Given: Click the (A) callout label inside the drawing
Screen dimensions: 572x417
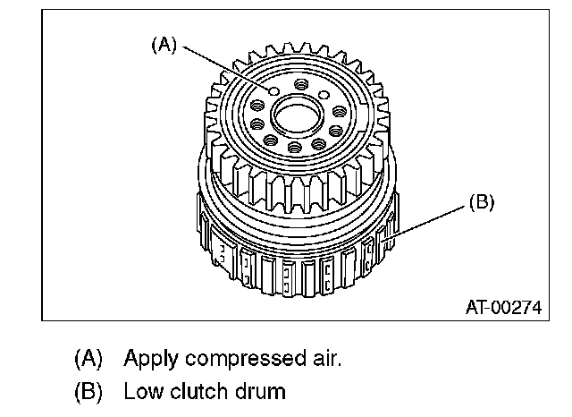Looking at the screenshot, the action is [x=164, y=45].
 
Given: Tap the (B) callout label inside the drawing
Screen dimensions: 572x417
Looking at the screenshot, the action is [x=482, y=202].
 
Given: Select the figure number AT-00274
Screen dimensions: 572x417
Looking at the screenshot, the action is [x=504, y=308].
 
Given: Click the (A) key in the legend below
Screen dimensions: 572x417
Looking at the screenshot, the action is [x=88, y=358].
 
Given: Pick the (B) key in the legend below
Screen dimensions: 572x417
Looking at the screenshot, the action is [x=88, y=391].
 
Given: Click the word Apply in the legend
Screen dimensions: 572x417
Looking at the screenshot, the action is [x=151, y=360].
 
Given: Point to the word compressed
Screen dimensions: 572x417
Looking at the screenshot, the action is [x=245, y=359].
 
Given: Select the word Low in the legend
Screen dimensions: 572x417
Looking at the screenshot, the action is [x=143, y=391].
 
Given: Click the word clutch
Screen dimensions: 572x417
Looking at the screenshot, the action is [x=198, y=391].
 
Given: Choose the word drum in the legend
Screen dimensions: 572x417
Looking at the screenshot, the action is [x=260, y=391].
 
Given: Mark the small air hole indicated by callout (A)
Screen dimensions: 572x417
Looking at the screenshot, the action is [x=274, y=91].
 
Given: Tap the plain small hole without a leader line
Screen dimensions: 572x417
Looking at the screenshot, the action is [x=324, y=96].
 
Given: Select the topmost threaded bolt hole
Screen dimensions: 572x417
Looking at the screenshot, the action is [x=301, y=84].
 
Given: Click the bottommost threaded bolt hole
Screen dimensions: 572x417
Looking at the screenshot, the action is [x=294, y=147].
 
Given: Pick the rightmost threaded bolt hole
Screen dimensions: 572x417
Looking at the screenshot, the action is [x=340, y=111].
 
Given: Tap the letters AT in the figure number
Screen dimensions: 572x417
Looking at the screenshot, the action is [x=476, y=308].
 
